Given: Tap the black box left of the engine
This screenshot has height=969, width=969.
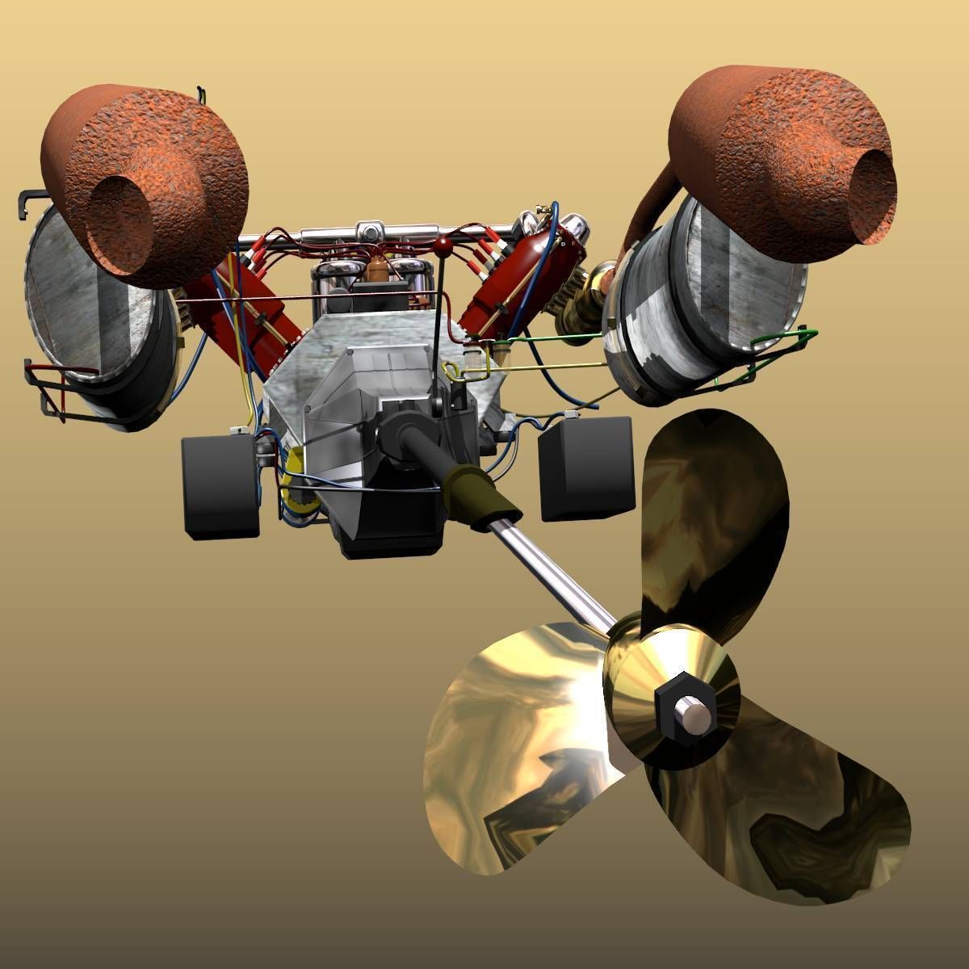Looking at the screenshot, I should pos(220,487).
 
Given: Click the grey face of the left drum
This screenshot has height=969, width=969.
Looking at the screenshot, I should pos(89,307).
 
